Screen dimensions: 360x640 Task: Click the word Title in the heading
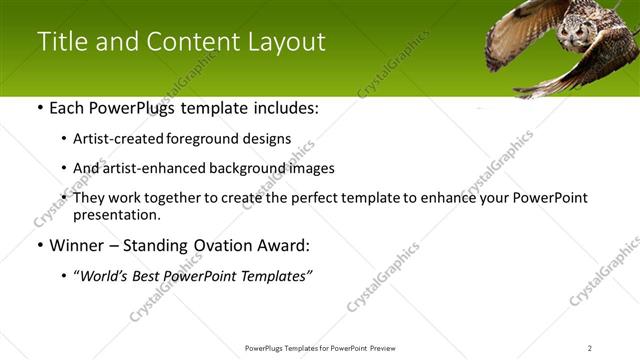coord(62,42)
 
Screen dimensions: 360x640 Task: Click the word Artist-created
coord(116,139)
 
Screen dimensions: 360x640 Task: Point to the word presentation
coord(116,215)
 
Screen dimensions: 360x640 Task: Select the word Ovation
coord(215,244)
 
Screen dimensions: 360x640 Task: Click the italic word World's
coord(103,275)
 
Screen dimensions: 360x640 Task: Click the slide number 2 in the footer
coord(590,348)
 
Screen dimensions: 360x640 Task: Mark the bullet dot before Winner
coord(39,245)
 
